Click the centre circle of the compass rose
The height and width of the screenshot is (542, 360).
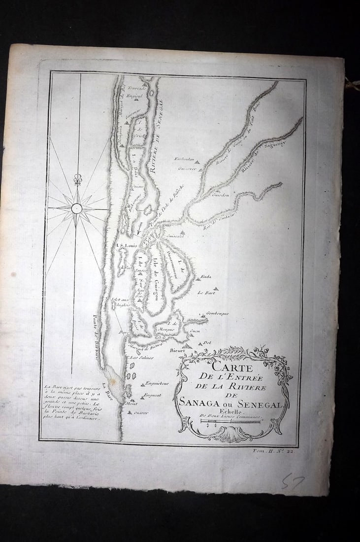(76, 208)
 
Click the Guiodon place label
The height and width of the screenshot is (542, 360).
(220, 195)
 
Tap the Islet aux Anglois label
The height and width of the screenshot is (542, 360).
(122, 303)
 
